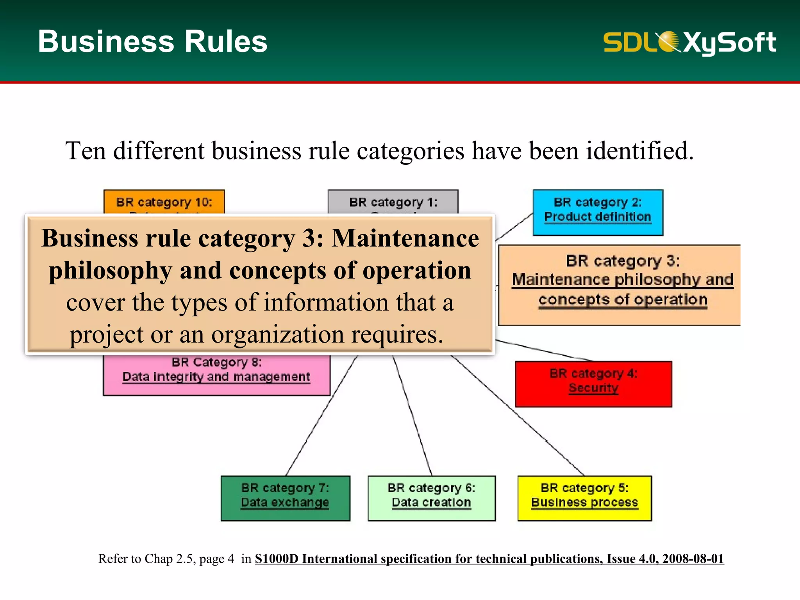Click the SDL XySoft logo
689,42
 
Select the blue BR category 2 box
598,212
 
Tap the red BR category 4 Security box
593,384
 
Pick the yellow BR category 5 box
584,498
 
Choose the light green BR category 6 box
432,498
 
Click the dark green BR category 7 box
285,498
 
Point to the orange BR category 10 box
164,202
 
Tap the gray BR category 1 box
393,202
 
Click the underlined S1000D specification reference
489,559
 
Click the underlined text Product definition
598,217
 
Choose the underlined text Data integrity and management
216,377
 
